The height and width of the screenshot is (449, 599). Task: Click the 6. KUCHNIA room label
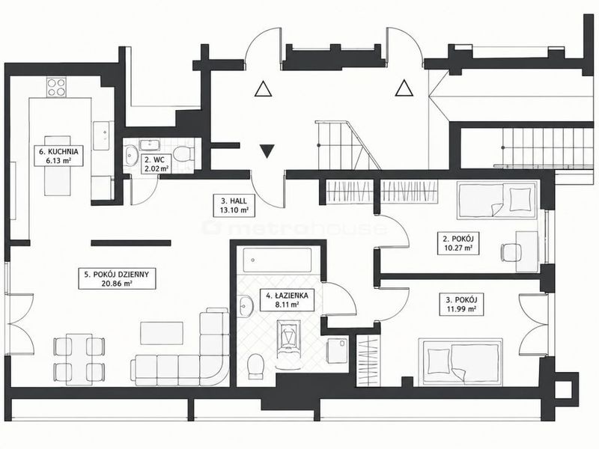(58, 156)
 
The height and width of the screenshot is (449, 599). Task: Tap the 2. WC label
(156, 164)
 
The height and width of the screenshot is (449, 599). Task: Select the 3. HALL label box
(234, 205)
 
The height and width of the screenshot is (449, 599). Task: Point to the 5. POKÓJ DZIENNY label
(117, 278)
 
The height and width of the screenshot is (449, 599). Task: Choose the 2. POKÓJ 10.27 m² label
(457, 244)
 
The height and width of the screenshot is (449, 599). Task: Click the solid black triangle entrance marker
(267, 151)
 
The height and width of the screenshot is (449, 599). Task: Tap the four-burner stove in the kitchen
(56, 87)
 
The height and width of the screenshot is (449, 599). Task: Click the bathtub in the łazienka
(277, 260)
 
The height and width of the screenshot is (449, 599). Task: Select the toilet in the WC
(183, 154)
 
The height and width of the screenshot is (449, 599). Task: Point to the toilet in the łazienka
(255, 365)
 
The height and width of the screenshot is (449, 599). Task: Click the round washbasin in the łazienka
(245, 306)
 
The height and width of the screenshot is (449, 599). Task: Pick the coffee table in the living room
(162, 333)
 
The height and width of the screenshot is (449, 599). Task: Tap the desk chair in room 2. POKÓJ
(511, 252)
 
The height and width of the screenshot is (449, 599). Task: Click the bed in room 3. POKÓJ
(460, 361)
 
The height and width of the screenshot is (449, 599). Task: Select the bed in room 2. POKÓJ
(496, 201)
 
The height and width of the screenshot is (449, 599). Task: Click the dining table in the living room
(79, 359)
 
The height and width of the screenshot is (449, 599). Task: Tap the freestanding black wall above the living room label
(131, 242)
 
